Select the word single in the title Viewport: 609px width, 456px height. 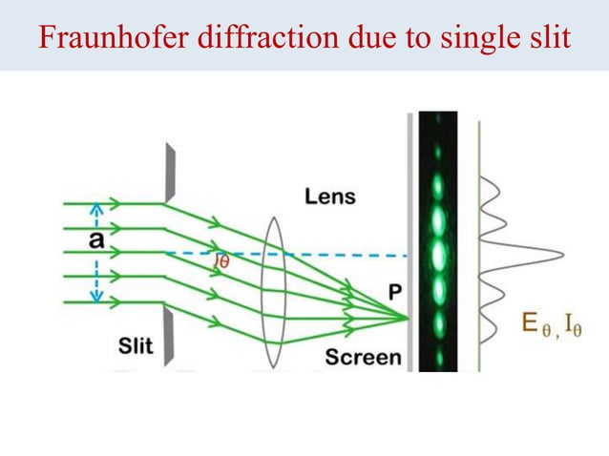click(x=471, y=37)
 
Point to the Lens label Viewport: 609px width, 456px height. click(x=329, y=197)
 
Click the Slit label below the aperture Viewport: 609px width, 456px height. click(x=135, y=345)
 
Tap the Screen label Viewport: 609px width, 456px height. click(x=363, y=357)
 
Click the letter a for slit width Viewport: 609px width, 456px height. click(x=96, y=240)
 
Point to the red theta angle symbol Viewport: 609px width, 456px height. click(x=222, y=260)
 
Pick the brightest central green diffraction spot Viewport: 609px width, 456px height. click(x=439, y=254)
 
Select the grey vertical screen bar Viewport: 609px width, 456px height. click(x=411, y=238)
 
